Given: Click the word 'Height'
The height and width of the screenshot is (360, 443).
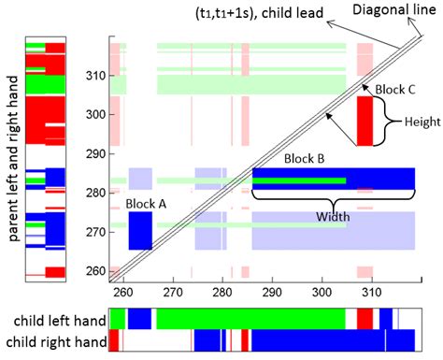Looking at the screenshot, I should [x=416, y=122].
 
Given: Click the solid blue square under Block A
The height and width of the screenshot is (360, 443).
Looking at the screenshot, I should [x=140, y=231].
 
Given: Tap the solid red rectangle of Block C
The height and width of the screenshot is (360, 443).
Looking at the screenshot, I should [x=364, y=122].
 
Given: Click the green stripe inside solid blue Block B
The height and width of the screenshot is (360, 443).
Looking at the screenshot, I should [x=299, y=180].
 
